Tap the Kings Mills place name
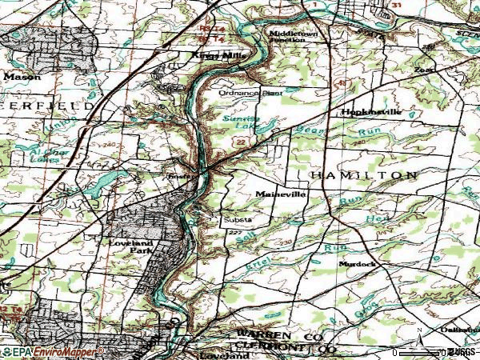pos(210,55)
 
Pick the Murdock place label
pos(357,263)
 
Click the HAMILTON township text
pos(362,174)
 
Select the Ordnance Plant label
pos(251,94)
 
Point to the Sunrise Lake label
pos(239,122)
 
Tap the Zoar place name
pos(422,70)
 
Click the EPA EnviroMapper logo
pos(52,351)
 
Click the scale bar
pos(420,350)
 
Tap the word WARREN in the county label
pos(258,334)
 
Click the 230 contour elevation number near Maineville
pos(286,242)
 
